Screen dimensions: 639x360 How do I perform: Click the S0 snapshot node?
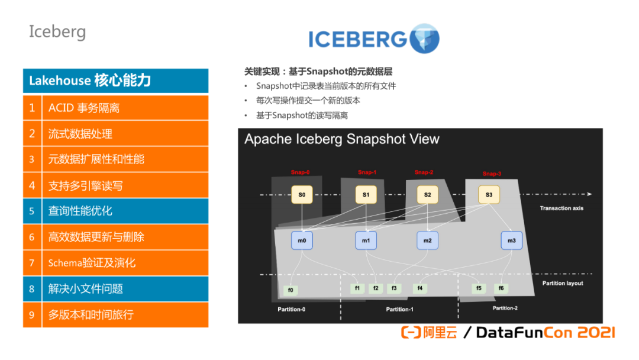[302, 195]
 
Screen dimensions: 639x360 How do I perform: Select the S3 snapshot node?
[489, 195]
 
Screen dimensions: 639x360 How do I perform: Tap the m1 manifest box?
[366, 240]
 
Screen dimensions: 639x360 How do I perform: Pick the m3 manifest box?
[512, 240]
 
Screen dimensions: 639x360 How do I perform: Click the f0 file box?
[291, 290]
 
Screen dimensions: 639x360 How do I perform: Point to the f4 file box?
[419, 288]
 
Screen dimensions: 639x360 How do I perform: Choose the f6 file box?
[501, 288]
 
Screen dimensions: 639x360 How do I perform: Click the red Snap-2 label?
[424, 172]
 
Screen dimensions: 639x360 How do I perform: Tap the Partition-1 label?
[400, 309]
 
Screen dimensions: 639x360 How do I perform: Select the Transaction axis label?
[561, 208]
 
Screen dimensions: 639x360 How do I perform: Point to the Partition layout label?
[563, 283]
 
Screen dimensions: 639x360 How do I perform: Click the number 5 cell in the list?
[32, 211]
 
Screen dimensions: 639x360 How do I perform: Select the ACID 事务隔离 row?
[125, 108]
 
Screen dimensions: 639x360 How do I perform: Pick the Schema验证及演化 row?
[125, 263]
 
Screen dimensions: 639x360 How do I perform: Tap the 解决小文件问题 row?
[125, 289]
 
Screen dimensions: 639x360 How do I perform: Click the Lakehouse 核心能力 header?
[115, 81]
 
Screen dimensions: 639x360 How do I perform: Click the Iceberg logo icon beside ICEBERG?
[424, 38]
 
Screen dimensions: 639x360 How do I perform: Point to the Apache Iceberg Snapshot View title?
[342, 139]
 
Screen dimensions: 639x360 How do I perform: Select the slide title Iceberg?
[57, 31]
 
